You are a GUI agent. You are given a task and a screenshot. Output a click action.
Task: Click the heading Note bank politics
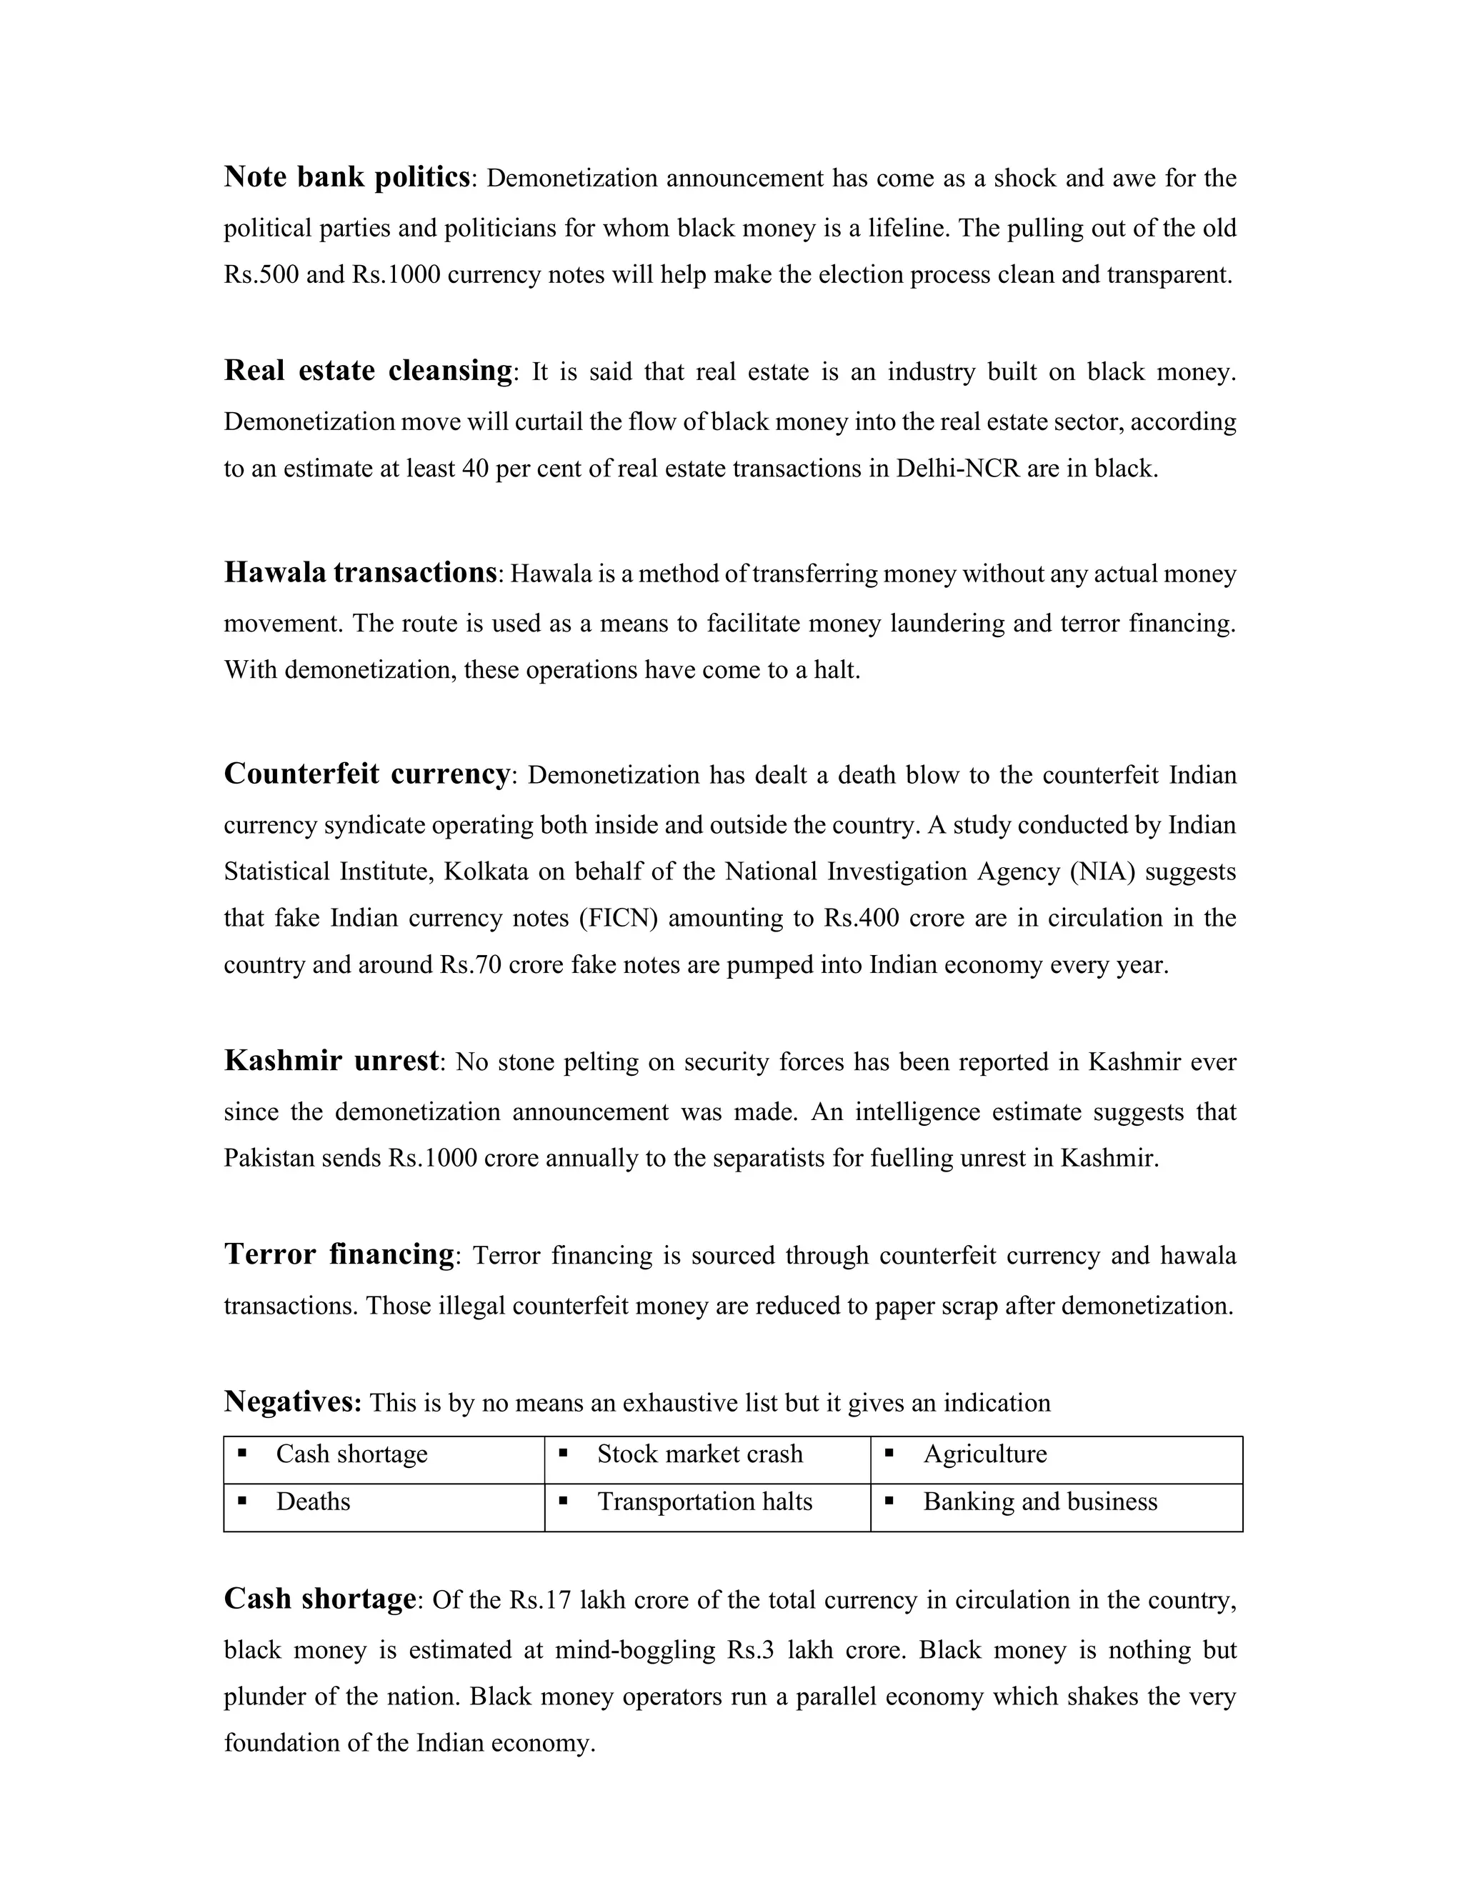click(346, 177)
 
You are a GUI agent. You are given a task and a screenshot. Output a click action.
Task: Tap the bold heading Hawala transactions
click(360, 572)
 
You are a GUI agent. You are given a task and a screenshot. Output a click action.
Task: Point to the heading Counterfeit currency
click(366, 773)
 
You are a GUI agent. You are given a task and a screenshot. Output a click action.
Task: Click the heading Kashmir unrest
click(331, 1060)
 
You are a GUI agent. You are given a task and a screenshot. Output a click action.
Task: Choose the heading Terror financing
click(339, 1254)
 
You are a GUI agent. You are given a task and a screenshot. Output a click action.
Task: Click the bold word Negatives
click(292, 1402)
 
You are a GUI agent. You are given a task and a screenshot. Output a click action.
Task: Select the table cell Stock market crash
click(699, 1454)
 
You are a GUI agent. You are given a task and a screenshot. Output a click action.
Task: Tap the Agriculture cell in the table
click(984, 1454)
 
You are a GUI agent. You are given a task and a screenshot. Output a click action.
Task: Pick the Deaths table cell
click(313, 1502)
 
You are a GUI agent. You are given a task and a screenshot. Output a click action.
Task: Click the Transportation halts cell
click(704, 1502)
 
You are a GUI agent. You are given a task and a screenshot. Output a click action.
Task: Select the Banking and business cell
click(1040, 1502)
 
